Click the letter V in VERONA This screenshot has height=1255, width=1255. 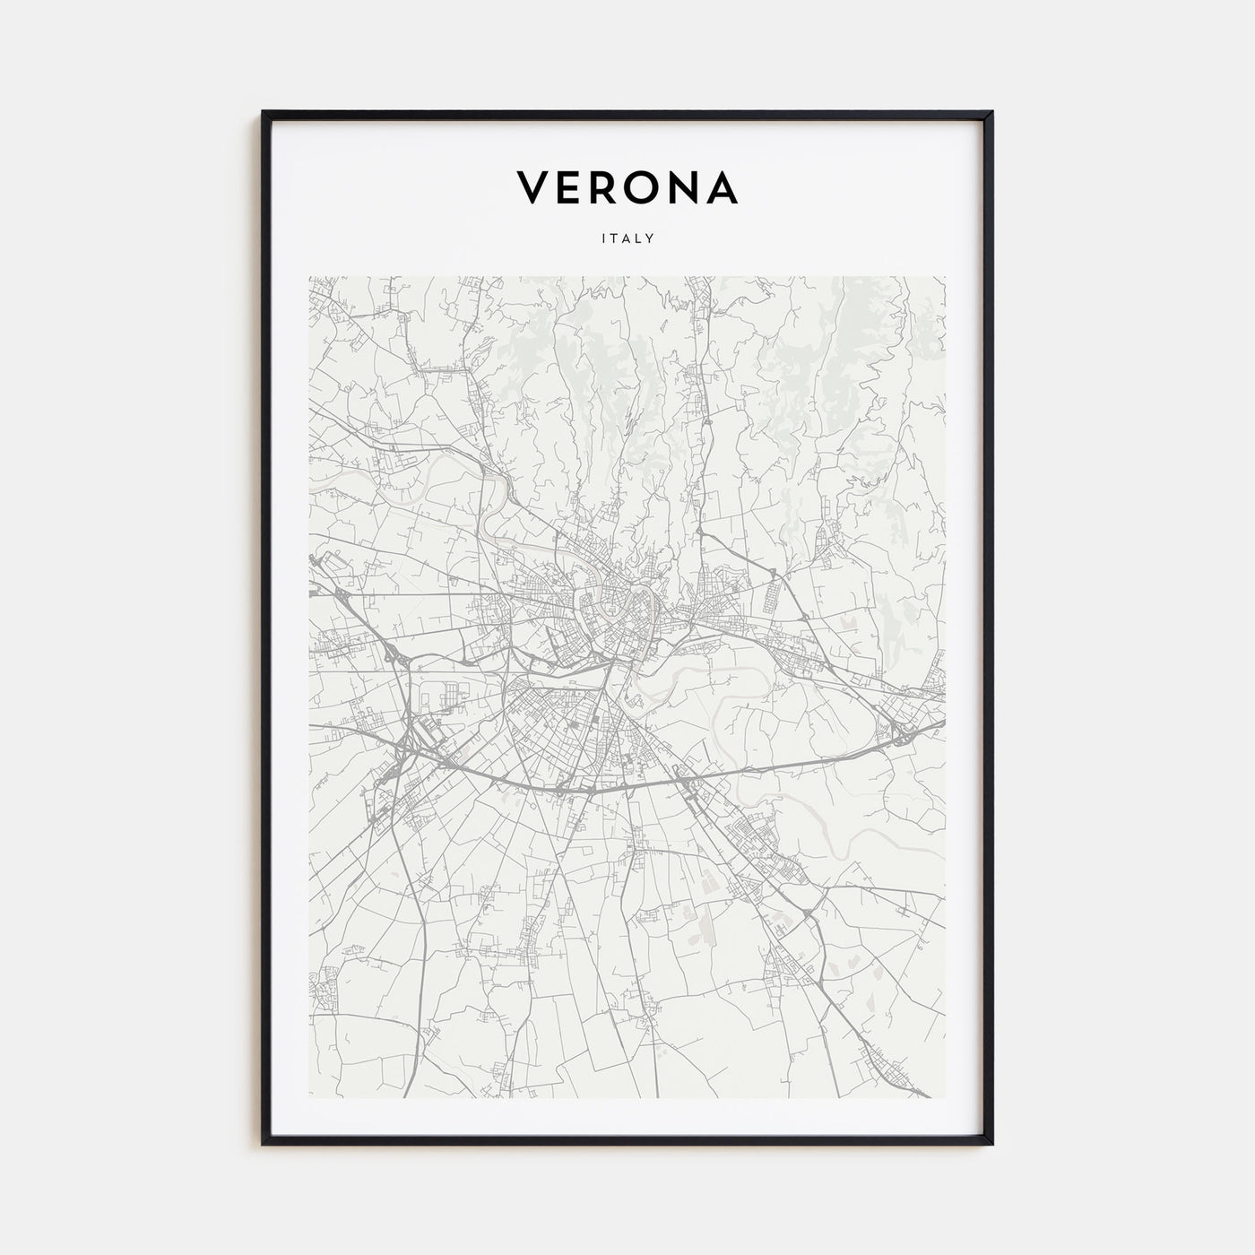coord(532,186)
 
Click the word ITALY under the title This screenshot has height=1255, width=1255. coord(627,238)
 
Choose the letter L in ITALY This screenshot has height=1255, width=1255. coord(639,238)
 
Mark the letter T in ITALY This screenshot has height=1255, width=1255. coord(613,238)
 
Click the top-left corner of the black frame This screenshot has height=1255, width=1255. coord(264,113)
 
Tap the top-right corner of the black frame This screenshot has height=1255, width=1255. coord(991,113)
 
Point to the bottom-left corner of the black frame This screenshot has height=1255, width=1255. coord(264,1143)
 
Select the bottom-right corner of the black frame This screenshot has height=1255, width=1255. coord(991,1143)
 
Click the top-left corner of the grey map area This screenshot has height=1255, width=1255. coord(310,277)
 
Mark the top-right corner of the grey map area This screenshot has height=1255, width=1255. coord(945,277)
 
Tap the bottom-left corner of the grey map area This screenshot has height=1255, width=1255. coord(310,1097)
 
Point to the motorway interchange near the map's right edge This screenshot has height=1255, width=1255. coord(901,735)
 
